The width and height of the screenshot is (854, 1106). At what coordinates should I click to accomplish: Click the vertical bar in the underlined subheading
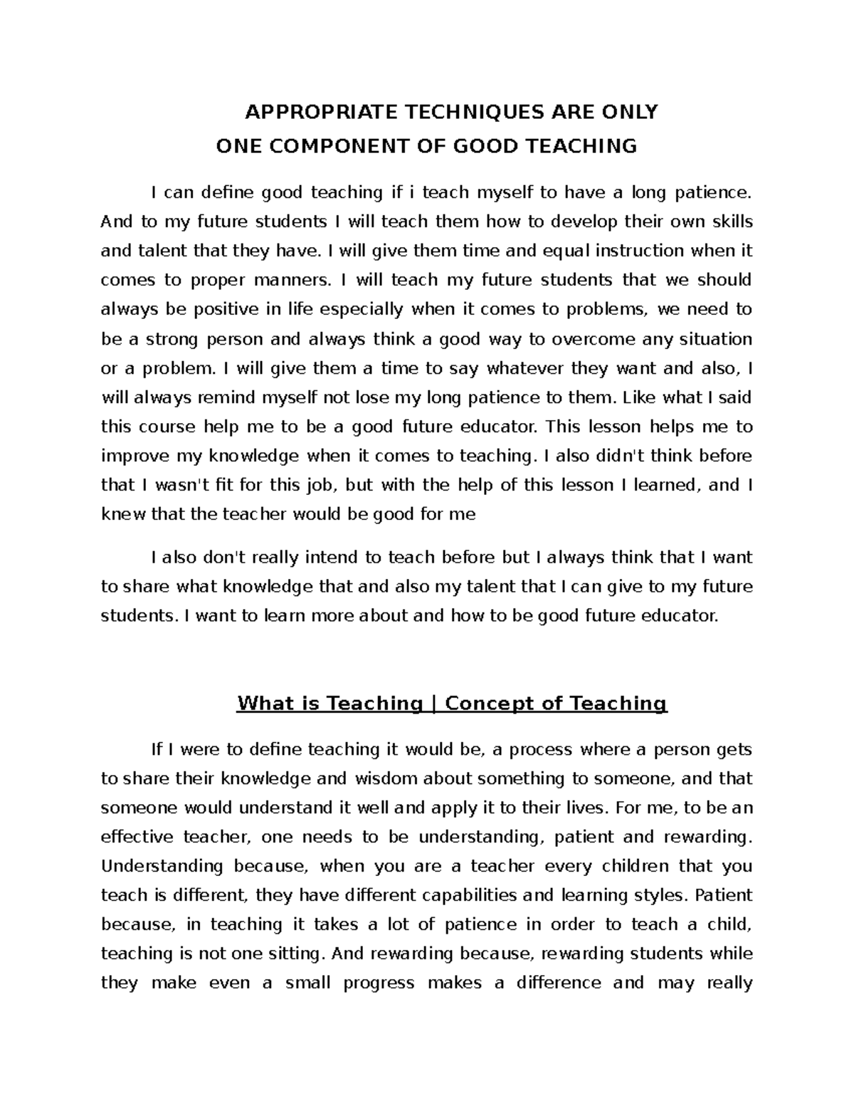click(433, 704)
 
